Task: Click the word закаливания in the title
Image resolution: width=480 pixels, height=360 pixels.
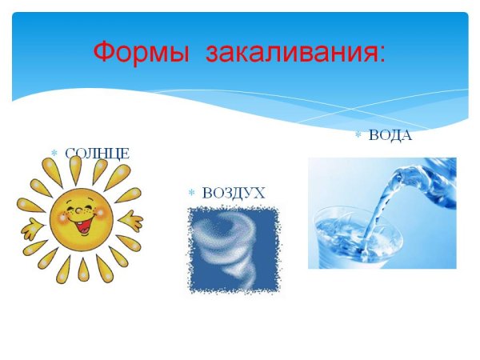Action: (x=291, y=53)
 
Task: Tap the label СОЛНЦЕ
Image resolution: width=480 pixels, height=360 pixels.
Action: (x=97, y=153)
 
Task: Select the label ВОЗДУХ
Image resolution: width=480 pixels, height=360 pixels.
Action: (x=234, y=193)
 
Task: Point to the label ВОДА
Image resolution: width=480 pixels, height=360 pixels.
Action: (x=390, y=135)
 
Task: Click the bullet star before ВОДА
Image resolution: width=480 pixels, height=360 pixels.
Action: (x=358, y=135)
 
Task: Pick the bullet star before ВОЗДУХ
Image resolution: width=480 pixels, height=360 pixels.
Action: (x=191, y=193)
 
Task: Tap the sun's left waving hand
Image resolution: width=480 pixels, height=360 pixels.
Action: (x=30, y=230)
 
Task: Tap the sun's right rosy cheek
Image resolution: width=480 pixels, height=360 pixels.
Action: (x=101, y=215)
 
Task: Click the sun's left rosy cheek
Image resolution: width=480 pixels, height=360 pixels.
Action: (x=59, y=217)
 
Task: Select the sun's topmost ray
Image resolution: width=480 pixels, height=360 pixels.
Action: (x=75, y=168)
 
